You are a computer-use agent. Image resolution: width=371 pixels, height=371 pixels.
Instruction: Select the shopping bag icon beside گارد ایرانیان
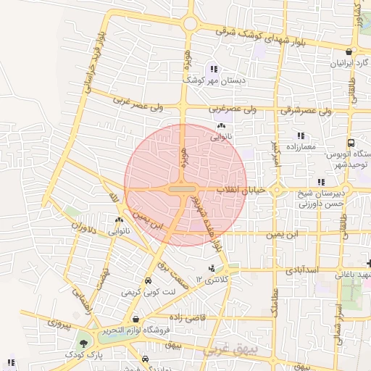click(x=350, y=51)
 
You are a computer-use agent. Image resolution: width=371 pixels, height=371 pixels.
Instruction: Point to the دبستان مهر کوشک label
click(x=214, y=80)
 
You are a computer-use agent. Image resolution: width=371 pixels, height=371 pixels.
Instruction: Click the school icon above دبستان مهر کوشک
click(x=213, y=69)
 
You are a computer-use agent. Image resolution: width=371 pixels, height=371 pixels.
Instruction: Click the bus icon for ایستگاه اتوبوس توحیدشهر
click(x=351, y=143)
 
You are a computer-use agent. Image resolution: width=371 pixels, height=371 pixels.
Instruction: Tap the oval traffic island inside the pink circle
click(x=181, y=188)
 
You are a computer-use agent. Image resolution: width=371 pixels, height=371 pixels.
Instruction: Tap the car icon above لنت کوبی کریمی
click(x=148, y=280)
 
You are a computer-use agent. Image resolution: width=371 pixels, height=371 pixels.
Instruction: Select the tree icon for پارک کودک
click(x=85, y=343)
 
